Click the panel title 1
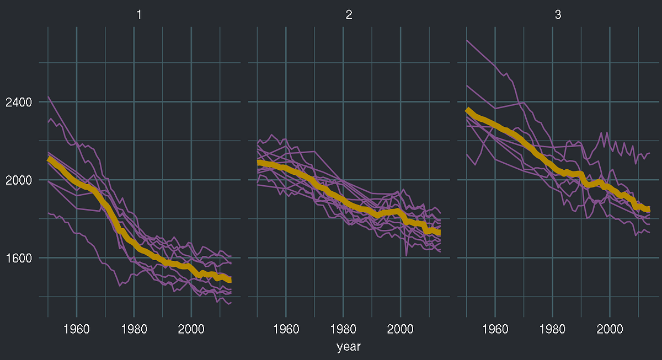point(139,15)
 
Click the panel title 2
point(349,15)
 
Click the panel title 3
point(558,15)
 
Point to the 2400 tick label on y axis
point(18,102)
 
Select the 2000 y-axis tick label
point(18,180)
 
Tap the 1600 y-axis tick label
point(18,257)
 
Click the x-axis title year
point(349,347)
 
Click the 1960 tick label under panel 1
point(76,330)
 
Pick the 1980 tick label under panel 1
point(134,330)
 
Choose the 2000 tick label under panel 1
point(191,330)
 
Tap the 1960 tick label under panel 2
point(286,330)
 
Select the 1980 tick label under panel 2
point(343,330)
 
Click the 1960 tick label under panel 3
point(495,330)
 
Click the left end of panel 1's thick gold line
point(49,159)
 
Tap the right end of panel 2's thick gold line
point(440,233)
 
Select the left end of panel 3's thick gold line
point(467,110)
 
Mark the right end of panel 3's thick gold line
point(649,209)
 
